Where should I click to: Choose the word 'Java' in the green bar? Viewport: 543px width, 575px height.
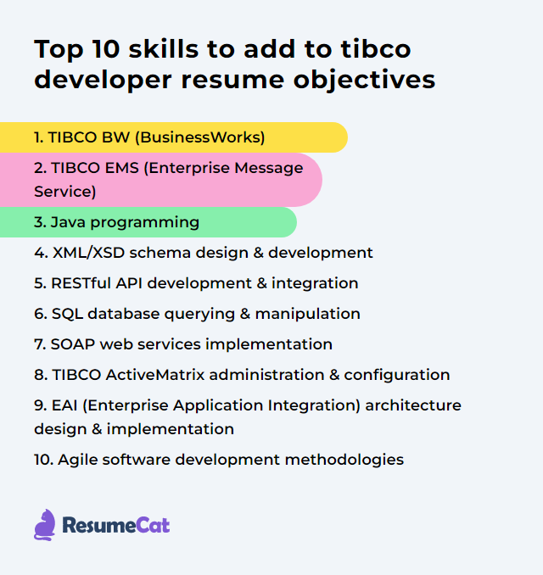point(69,222)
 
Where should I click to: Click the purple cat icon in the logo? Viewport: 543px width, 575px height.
point(45,524)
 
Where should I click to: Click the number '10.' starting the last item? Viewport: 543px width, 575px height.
point(43,460)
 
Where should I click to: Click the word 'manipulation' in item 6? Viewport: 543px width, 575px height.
point(309,314)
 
